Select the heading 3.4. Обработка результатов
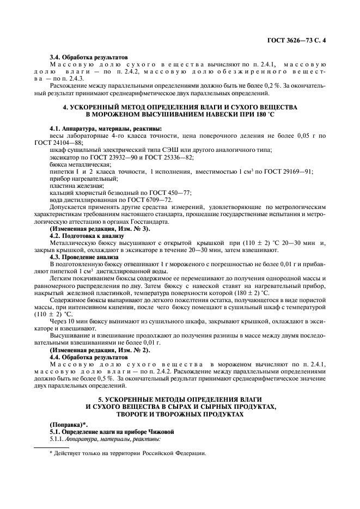click(88, 57)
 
